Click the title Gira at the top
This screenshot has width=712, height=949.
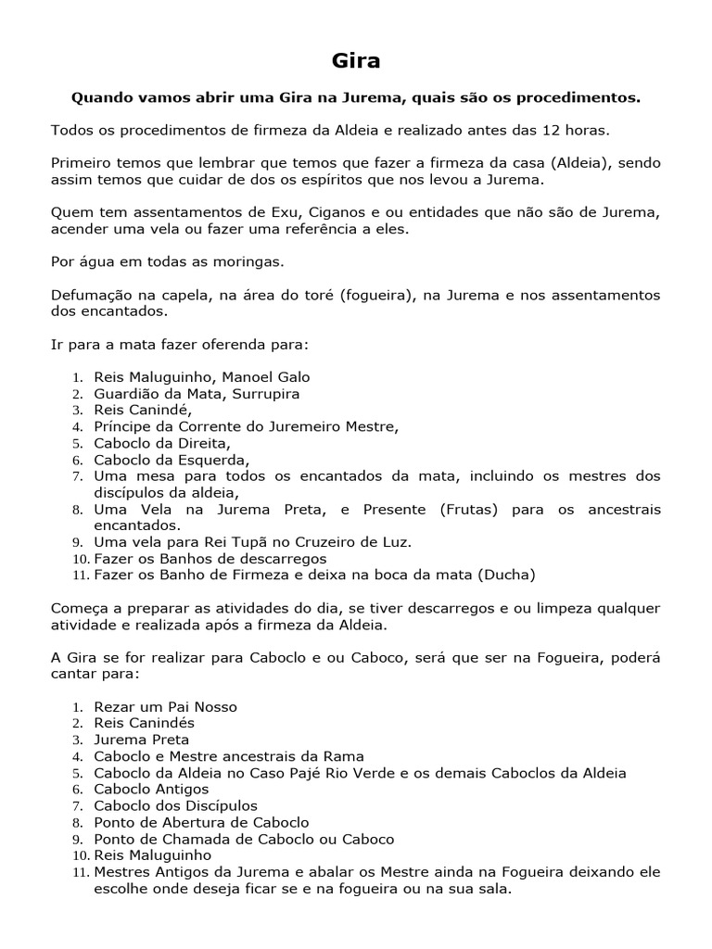point(356,61)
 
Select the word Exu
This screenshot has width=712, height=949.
point(282,212)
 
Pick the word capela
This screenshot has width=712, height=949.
point(187,296)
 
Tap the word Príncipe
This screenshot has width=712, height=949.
point(123,427)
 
